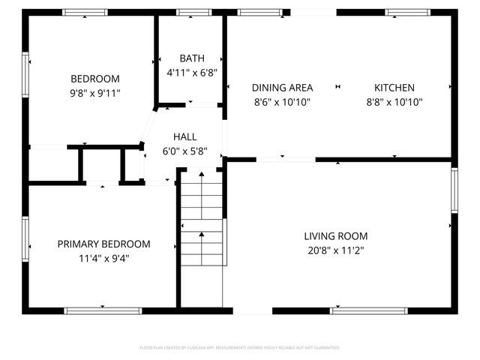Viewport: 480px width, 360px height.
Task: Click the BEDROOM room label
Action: (95, 79)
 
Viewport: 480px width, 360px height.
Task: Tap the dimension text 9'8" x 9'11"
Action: (95, 93)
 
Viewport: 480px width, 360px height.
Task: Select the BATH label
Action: (191, 58)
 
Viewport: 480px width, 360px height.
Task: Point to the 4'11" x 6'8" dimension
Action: (191, 73)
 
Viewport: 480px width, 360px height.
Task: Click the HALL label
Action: (184, 136)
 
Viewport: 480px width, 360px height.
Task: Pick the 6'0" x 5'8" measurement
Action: (184, 151)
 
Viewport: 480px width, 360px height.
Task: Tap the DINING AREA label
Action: (282, 88)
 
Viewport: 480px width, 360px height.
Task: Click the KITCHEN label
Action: (394, 88)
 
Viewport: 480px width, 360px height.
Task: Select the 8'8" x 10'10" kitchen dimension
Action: (394, 102)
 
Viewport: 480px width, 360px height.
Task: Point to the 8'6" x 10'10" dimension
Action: (282, 102)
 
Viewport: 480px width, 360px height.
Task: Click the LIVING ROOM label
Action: (335, 235)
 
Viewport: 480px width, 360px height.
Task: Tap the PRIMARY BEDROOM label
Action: (103, 244)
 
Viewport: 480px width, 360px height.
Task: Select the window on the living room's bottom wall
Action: (368, 310)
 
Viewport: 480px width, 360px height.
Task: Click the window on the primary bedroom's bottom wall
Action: (103, 310)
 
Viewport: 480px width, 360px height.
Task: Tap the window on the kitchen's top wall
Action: (408, 12)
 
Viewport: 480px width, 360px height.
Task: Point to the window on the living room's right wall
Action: (454, 190)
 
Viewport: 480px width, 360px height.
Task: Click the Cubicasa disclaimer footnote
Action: (240, 348)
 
